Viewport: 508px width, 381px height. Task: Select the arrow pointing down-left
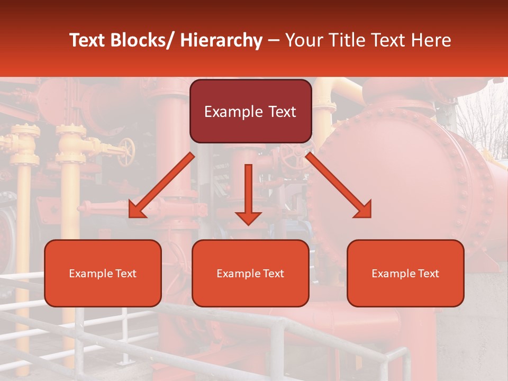coord(161,185)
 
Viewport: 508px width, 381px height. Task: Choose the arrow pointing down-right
coord(339,185)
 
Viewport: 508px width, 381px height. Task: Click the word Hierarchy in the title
coord(221,40)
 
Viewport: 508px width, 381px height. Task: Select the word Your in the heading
coord(303,40)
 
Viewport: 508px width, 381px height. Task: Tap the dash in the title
coord(274,41)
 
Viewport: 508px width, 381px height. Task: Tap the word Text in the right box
coord(427,274)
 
